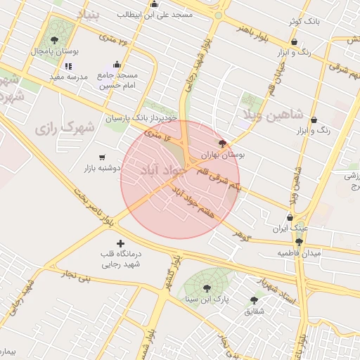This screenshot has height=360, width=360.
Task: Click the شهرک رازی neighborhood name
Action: [x=64, y=129]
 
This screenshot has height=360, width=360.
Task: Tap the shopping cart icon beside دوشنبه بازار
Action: [x=103, y=157]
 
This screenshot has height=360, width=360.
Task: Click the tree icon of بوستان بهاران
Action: [x=223, y=143]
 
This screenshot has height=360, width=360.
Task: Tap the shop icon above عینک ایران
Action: [x=290, y=217]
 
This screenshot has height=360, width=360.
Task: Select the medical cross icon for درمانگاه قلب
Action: [x=120, y=243]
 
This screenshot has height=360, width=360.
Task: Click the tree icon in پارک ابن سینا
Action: [x=207, y=288]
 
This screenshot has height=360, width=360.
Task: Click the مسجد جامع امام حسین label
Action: [x=118, y=80]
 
